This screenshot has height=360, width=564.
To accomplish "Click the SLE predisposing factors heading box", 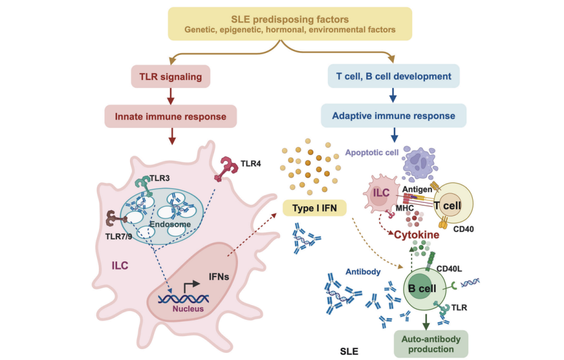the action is [290, 24].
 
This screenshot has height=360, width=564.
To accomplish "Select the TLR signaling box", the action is [170, 76].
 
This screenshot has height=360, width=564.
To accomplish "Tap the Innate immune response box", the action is [170, 117].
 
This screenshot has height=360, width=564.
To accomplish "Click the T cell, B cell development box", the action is [394, 76].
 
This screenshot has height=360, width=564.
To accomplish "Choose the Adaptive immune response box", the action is [394, 115].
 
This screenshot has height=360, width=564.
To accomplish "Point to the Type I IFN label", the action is [314, 208].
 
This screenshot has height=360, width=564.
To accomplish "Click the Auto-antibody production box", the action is [431, 344].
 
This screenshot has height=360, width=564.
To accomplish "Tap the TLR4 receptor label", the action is [251, 164].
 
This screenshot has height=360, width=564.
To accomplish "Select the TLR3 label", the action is [159, 178].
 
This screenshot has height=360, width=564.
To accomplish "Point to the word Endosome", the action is [170, 224].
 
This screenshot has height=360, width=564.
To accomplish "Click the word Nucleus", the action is [188, 308].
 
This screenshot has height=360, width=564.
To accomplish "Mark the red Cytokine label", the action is [417, 235].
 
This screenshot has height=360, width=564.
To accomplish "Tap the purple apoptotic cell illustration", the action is [419, 164].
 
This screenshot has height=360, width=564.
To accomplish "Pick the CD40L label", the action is [449, 269].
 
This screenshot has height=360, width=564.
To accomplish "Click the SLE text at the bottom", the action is [349, 351].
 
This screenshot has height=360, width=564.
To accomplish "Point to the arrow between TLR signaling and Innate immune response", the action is [171, 96].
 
